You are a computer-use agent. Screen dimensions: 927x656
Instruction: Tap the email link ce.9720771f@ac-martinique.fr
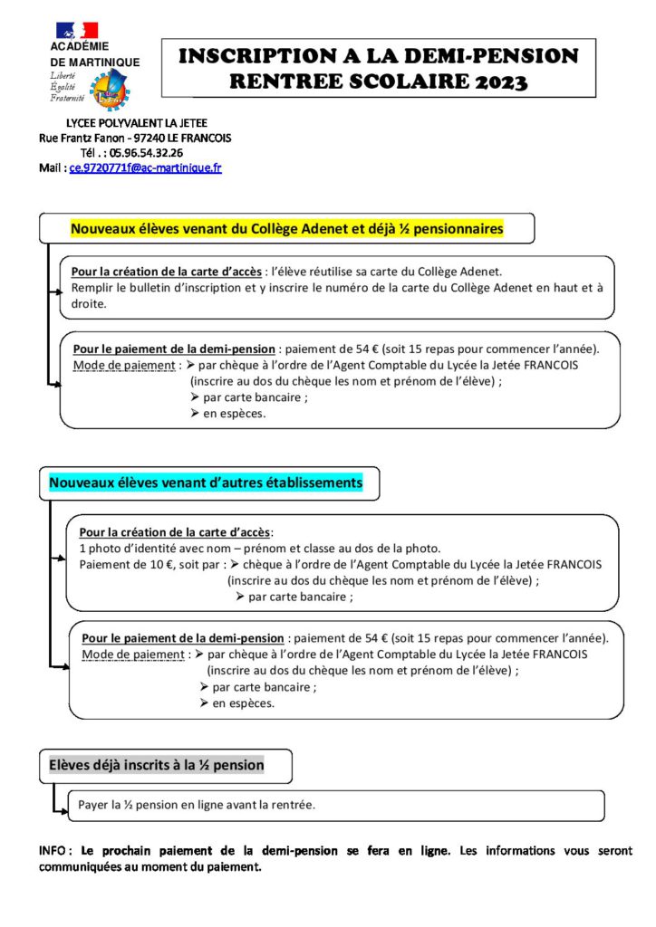click(145, 168)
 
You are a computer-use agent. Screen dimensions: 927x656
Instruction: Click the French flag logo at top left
click(76, 31)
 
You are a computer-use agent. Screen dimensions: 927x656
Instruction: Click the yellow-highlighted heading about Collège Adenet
click(286, 229)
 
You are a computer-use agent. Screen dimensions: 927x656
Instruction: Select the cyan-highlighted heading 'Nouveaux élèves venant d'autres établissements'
click(205, 483)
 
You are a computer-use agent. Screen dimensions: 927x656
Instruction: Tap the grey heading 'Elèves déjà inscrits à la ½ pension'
click(156, 765)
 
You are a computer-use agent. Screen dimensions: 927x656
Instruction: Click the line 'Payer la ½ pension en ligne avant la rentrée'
click(197, 804)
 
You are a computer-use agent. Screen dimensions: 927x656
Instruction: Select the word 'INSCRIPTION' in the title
click(251, 57)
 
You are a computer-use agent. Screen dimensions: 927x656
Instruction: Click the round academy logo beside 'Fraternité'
click(110, 90)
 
